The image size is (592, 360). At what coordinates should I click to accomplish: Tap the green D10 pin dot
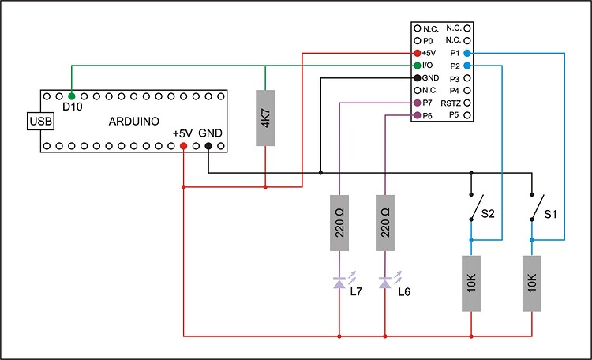coord(72,95)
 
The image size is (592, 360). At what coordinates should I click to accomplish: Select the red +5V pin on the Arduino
coord(183,146)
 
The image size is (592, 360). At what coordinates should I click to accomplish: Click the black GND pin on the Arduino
coord(208,146)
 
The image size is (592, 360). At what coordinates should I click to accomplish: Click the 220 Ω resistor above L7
coord(339,223)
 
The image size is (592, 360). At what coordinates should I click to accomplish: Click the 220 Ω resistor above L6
coord(385,223)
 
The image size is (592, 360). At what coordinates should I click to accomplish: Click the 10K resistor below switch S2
coord(471,283)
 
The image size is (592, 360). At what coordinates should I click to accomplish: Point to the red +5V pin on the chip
coord(417,52)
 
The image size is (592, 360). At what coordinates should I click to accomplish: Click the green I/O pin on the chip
coord(417,65)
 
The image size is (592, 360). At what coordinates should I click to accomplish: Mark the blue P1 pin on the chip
coord(467,52)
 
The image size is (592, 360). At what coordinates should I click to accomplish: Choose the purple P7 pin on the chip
coord(417,103)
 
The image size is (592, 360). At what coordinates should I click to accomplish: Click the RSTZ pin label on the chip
coord(451,103)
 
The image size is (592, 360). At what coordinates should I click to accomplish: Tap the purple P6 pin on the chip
coord(417,116)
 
